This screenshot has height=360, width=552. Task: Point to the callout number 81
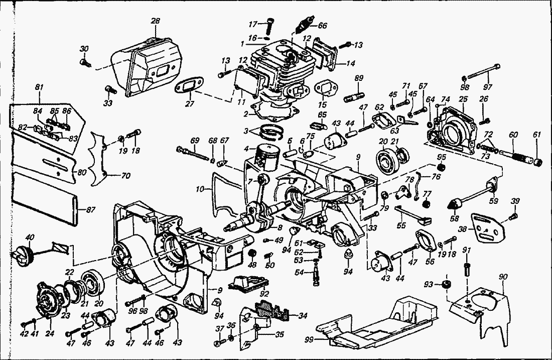39,87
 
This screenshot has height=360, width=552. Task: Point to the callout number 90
503,276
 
